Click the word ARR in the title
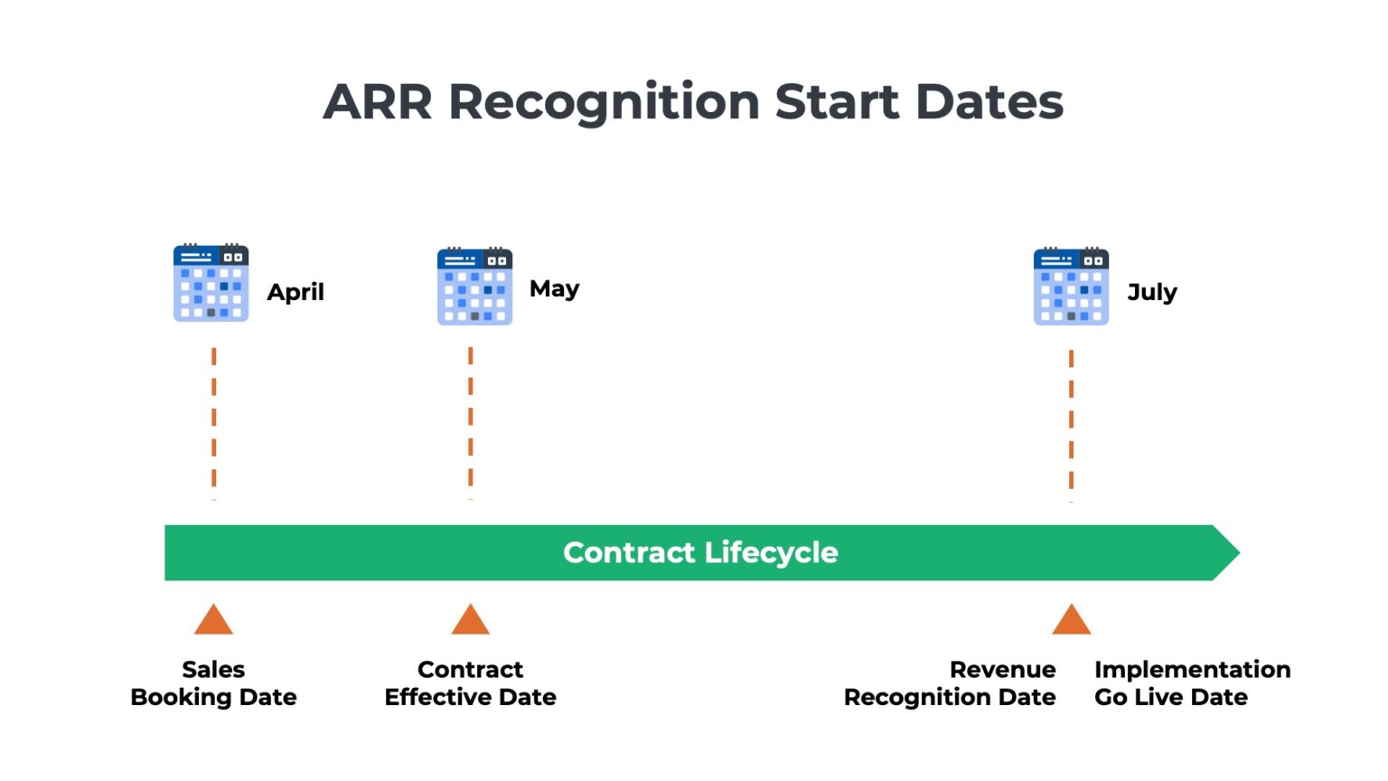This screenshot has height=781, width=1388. tap(377, 101)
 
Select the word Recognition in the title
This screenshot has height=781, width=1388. tap(605, 104)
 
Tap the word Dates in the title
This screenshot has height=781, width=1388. tap(989, 101)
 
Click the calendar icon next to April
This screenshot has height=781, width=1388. tap(211, 283)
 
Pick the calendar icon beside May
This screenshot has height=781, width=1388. tap(474, 286)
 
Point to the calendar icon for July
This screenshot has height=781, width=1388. tap(1071, 286)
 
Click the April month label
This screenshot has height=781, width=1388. tap(295, 292)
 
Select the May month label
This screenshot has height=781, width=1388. tap(555, 289)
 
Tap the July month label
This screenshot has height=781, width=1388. tap(1152, 292)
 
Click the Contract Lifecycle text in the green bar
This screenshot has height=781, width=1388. tap(700, 552)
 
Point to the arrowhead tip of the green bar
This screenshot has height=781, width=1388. tap(1240, 552)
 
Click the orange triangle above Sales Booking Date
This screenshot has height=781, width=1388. tap(213, 619)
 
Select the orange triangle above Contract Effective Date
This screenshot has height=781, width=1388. tap(470, 619)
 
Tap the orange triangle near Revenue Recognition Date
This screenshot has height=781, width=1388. tap(1072, 619)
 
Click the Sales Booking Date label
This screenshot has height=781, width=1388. tap(213, 683)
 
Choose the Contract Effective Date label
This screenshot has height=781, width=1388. tap(470, 683)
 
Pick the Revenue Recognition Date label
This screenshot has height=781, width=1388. tap(950, 683)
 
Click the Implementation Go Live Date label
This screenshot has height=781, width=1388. tap(1192, 683)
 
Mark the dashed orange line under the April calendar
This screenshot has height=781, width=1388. tap(214, 424)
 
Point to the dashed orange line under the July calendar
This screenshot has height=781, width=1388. tap(1072, 427)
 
